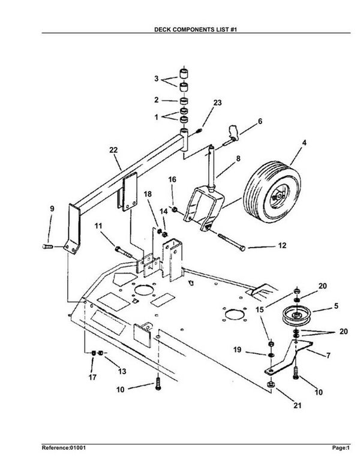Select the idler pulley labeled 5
tap(296, 315)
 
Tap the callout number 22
tap(113, 150)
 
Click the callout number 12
tap(283, 245)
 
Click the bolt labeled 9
tap(47, 246)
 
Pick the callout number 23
tap(218, 103)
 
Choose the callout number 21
tap(298, 405)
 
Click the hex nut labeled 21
tap(271, 384)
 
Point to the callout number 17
tap(92, 377)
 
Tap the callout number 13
tap(122, 371)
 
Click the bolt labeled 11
tap(124, 252)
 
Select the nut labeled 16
tap(175, 209)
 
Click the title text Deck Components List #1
tap(196, 29)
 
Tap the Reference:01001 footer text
tap(64, 447)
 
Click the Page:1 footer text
tap(341, 447)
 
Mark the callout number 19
tap(237, 350)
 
